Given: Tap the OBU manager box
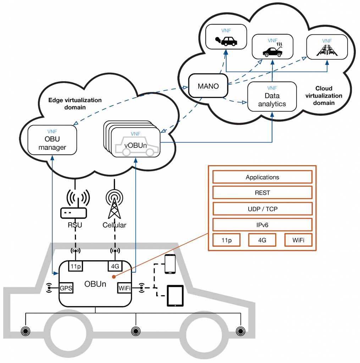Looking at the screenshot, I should click(52, 140).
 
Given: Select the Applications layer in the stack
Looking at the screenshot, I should click(262, 177).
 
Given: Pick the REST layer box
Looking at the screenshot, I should click(262, 193).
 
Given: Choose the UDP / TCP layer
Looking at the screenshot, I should click(262, 209).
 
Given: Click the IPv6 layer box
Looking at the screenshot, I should click(262, 225).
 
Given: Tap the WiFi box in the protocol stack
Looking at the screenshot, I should click(298, 240).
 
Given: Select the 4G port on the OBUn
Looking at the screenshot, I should click(115, 266).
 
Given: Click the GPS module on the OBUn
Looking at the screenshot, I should click(66, 288).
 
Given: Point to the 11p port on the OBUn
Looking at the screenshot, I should click(75, 266).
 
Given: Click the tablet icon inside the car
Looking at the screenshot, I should click(175, 296).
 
